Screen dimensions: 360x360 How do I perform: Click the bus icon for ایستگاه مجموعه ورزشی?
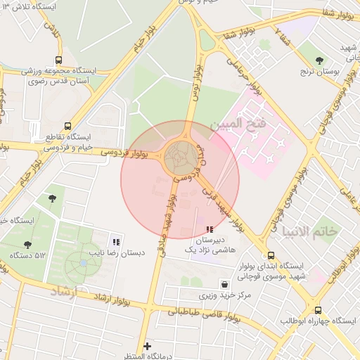pos(58,60)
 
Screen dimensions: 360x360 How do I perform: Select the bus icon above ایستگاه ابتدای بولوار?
pos(271,255)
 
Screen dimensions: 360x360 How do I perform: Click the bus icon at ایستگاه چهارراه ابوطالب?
pos(318,309)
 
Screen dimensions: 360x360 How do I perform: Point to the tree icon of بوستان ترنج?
pos(321,60)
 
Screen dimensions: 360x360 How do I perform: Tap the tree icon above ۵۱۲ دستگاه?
pos(27,245)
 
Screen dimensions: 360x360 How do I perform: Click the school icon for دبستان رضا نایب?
pos(116,240)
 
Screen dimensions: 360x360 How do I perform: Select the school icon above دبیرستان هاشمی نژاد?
pos(209,229)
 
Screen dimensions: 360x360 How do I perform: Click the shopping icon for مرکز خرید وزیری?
pos(224,285)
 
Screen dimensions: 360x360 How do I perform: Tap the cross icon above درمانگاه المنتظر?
pos(147,345)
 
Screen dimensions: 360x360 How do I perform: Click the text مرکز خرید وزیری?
pos(225,296)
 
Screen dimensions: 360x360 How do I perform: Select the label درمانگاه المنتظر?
pos(146,356)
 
